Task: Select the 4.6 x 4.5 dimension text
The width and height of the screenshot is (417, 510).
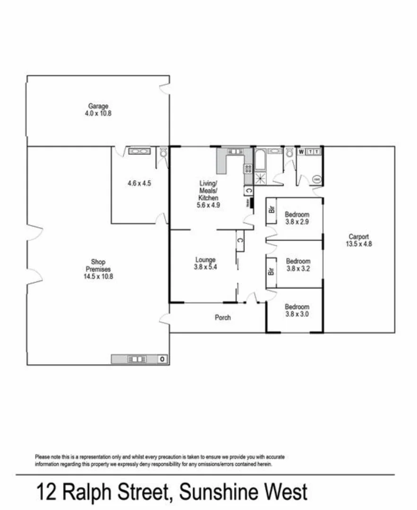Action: tap(139, 184)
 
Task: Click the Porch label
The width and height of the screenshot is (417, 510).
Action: tap(223, 318)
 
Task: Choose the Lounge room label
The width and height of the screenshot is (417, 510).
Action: tap(205, 263)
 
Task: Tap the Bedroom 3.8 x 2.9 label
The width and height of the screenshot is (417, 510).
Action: tap(297, 218)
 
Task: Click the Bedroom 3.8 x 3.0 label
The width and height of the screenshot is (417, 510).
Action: tap(297, 310)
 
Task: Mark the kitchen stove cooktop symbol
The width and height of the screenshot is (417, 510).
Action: tap(248, 168)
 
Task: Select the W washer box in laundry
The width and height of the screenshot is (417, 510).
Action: tap(301, 152)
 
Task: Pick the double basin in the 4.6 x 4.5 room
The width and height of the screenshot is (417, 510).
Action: tap(138, 152)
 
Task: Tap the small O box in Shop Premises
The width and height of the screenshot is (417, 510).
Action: tap(162, 359)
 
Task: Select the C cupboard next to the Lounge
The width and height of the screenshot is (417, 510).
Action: tap(240, 240)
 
